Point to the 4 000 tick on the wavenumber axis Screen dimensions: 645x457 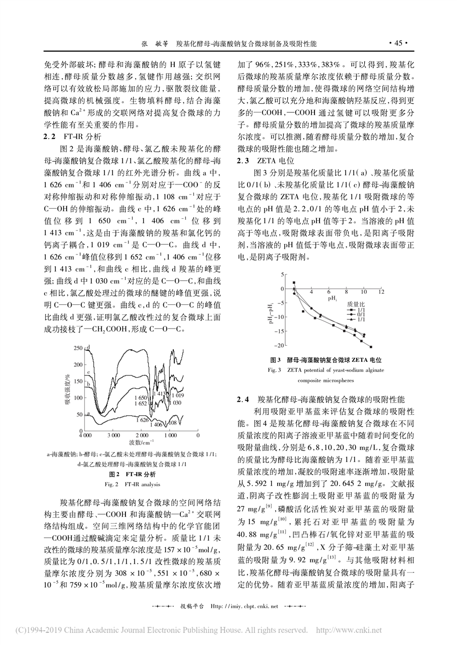(x=85, y=434)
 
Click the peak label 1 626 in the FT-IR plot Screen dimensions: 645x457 (x=142, y=419)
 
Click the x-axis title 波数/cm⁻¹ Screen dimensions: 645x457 (x=141, y=442)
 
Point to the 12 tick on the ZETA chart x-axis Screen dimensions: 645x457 (x=381, y=292)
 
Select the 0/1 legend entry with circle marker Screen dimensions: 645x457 (x=358, y=315)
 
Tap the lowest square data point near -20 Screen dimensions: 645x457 (x=371, y=346)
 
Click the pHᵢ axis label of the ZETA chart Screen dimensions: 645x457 (x=332, y=298)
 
